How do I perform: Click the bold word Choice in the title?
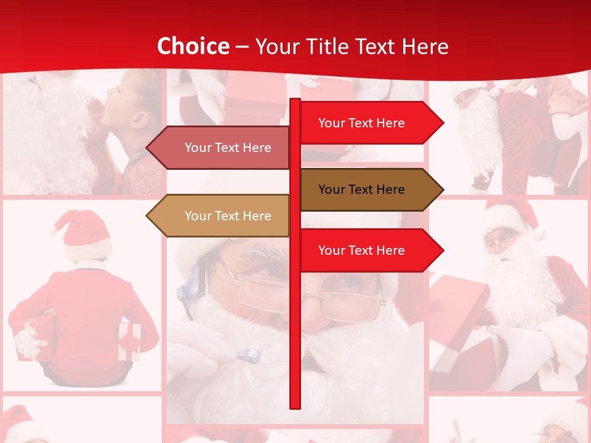(193, 46)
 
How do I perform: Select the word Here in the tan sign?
(257, 216)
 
